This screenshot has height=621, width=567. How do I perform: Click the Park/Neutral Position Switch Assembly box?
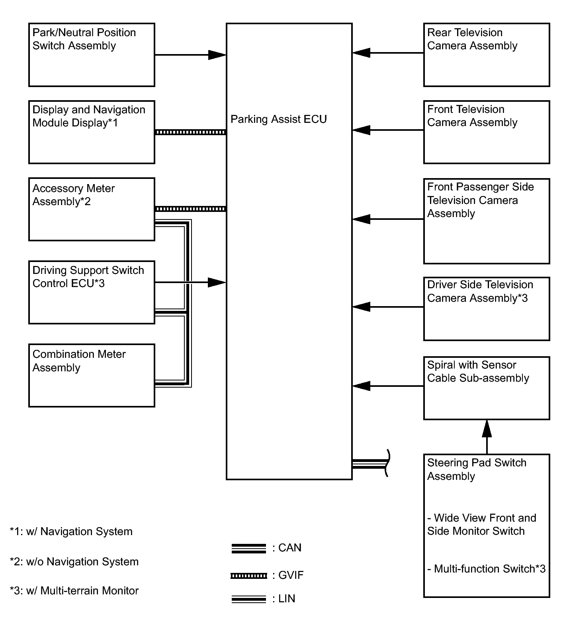pyautogui.click(x=92, y=55)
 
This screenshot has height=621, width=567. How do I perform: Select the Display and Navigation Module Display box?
pyautogui.click(x=92, y=132)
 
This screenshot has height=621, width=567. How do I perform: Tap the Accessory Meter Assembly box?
pyautogui.click(x=92, y=209)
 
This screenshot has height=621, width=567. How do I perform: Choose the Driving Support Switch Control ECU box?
pyautogui.click(x=92, y=292)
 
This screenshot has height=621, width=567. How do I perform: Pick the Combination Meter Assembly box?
pyautogui.click(x=92, y=375)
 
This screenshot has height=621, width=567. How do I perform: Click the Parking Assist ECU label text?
pyautogui.click(x=279, y=119)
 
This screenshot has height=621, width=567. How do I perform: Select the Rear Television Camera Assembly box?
pyautogui.click(x=487, y=55)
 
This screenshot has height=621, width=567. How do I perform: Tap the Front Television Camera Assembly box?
pyautogui.click(x=487, y=132)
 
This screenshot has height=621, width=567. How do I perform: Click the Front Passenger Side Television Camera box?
pyautogui.click(x=487, y=221)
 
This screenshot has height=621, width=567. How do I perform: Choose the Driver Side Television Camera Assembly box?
pyautogui.click(x=487, y=309)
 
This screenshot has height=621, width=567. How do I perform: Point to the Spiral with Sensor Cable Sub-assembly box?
pyautogui.click(x=487, y=388)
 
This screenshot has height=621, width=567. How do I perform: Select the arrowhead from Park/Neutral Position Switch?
pyautogui.click(x=217, y=55)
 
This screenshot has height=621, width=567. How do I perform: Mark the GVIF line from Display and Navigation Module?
pyautogui.click(x=190, y=132)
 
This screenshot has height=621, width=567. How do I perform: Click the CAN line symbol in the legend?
pyautogui.click(x=248, y=549)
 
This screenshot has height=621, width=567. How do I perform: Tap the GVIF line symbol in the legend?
pyautogui.click(x=248, y=576)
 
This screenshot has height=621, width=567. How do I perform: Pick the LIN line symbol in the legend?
pyautogui.click(x=248, y=599)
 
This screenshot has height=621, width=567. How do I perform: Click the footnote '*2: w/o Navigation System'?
pyautogui.click(x=74, y=562)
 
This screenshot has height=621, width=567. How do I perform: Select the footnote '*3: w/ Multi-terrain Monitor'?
pyautogui.click(x=74, y=591)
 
